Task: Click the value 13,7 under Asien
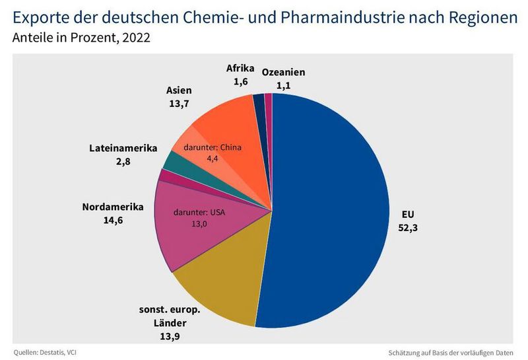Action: click(x=180, y=104)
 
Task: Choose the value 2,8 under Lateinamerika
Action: click(x=123, y=161)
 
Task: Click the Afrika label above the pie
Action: click(x=240, y=68)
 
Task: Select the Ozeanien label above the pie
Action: click(x=284, y=72)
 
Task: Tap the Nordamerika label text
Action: click(x=112, y=207)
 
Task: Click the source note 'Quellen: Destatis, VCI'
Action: click(x=49, y=352)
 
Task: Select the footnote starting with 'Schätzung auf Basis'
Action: click(x=451, y=352)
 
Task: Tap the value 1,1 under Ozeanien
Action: click(x=284, y=85)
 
